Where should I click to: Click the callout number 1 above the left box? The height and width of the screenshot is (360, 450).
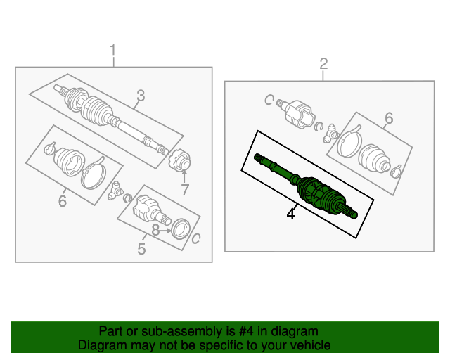(x=113, y=50)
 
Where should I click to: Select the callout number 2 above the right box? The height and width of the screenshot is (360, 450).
(x=323, y=64)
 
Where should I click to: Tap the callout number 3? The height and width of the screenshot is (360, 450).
(x=141, y=96)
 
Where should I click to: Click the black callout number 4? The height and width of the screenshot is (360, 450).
(x=290, y=214)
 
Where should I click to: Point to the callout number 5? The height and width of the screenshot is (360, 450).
(x=141, y=249)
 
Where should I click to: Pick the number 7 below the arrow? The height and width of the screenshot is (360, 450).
(x=185, y=190)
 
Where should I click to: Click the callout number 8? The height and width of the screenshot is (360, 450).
(x=155, y=230)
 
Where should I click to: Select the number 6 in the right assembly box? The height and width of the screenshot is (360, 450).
(x=389, y=118)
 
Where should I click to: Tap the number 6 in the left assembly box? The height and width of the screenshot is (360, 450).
(x=63, y=200)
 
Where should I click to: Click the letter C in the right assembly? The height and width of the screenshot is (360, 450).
(x=269, y=100)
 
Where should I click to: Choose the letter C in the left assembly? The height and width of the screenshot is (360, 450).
(x=195, y=238)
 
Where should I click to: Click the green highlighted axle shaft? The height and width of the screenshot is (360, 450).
(x=306, y=186)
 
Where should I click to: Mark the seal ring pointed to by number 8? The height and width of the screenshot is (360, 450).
(x=181, y=229)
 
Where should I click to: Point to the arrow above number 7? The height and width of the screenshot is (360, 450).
(x=184, y=176)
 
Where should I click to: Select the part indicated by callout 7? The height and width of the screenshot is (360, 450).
(x=180, y=160)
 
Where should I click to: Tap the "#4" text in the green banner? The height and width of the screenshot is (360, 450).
(x=246, y=331)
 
